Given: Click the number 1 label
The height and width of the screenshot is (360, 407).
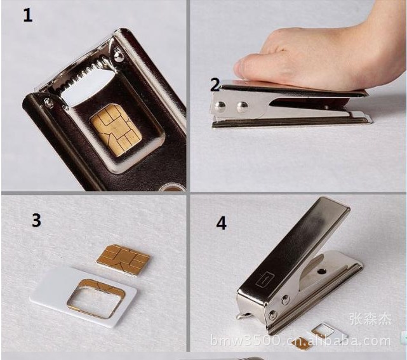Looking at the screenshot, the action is pyautogui.click(x=28, y=15).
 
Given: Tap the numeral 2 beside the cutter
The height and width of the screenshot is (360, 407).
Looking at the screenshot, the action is pyautogui.click(x=215, y=84).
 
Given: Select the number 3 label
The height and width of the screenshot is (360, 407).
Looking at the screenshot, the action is pyautogui.click(x=36, y=220).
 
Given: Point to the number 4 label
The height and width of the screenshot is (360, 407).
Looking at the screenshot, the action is pyautogui.click(x=221, y=223).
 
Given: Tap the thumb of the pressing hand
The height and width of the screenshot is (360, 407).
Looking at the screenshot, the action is pyautogui.click(x=246, y=67).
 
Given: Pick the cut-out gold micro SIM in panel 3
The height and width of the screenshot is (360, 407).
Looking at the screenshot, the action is pyautogui.click(x=123, y=257).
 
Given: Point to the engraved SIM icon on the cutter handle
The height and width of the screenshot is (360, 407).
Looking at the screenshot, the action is pyautogui.click(x=263, y=280).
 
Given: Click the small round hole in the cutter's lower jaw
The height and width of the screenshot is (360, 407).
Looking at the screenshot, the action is pyautogui.click(x=322, y=272).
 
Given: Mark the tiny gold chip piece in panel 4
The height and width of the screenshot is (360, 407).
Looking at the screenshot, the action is pyautogui.click(x=300, y=343).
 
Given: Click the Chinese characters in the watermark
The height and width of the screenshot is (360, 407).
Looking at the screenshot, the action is pyautogui.click(x=370, y=319).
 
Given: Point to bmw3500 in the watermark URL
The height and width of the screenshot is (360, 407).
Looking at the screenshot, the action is pyautogui.click(x=246, y=341).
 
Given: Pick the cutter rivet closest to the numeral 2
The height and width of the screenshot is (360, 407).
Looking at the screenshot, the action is pyautogui.click(x=220, y=106).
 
